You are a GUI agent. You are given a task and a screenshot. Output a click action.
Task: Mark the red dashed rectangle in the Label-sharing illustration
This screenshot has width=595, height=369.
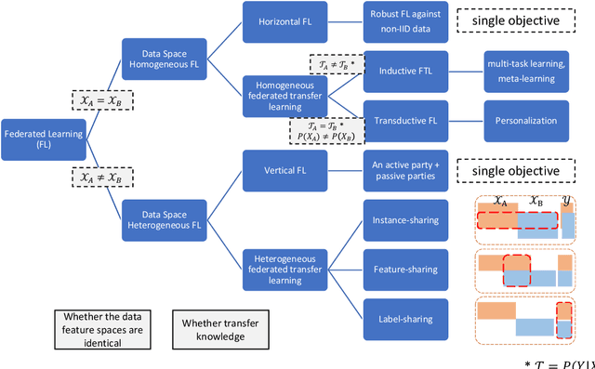pyautogui.click(x=563, y=320)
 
